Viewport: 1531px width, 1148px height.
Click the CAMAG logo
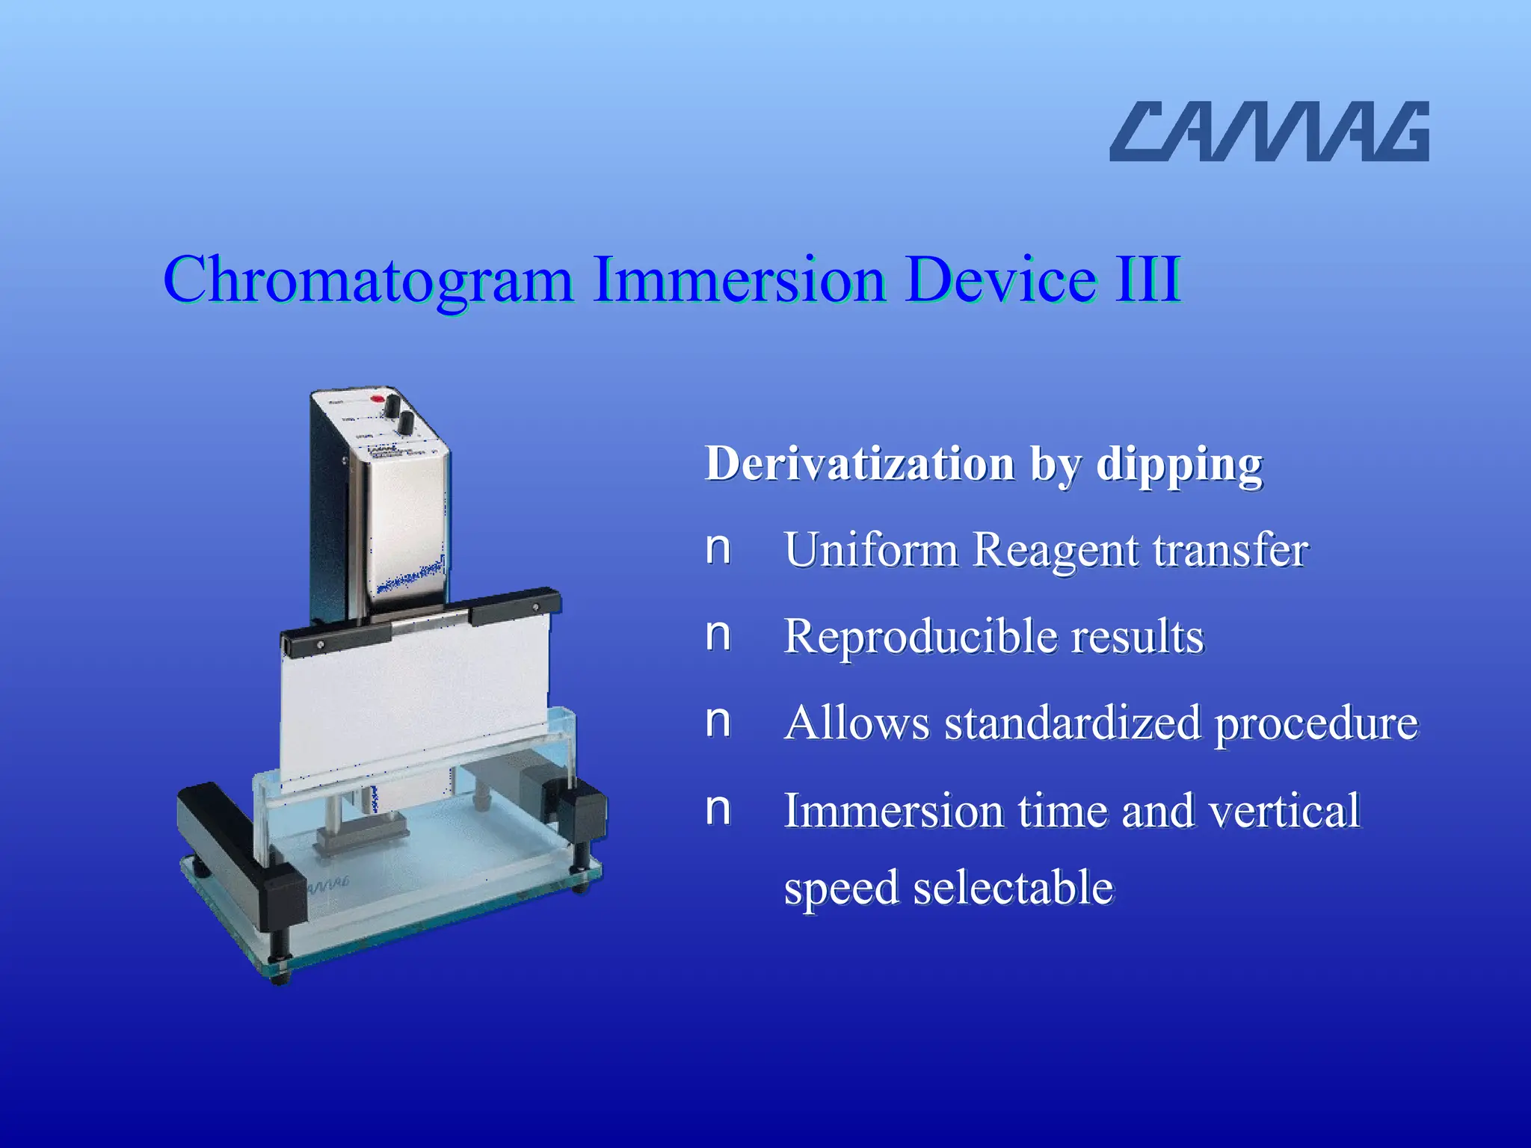pyautogui.click(x=1269, y=132)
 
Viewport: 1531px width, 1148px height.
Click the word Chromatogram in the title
pyautogui.click(x=368, y=280)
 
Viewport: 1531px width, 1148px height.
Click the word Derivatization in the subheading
pyautogui.click(x=860, y=463)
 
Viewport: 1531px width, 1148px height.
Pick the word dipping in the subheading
pyautogui.click(x=1179, y=465)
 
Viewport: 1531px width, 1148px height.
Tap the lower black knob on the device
pyautogui.click(x=405, y=422)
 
